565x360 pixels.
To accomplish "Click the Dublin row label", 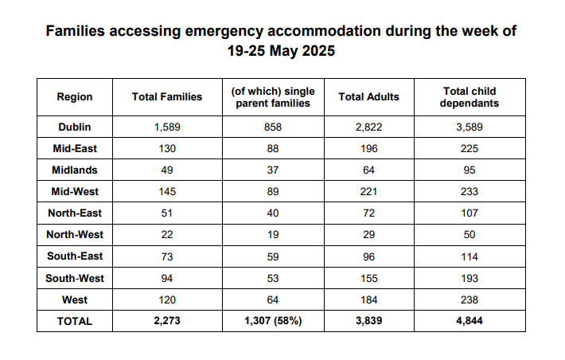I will [75, 127].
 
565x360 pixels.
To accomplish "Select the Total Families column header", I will [167, 97].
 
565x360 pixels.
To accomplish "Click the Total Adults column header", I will [368, 97].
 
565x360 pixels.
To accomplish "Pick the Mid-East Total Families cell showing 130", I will [167, 148].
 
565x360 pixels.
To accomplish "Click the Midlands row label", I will [75, 170].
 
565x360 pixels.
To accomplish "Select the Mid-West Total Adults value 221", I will [368, 192].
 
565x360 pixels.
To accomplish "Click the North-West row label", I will [75, 235].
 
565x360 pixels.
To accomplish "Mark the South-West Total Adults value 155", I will [368, 279].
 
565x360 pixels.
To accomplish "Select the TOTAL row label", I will [75, 322].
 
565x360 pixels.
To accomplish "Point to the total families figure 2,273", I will [167, 322].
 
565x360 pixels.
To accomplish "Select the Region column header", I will [75, 97].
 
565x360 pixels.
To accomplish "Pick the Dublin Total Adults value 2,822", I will [368, 127].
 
